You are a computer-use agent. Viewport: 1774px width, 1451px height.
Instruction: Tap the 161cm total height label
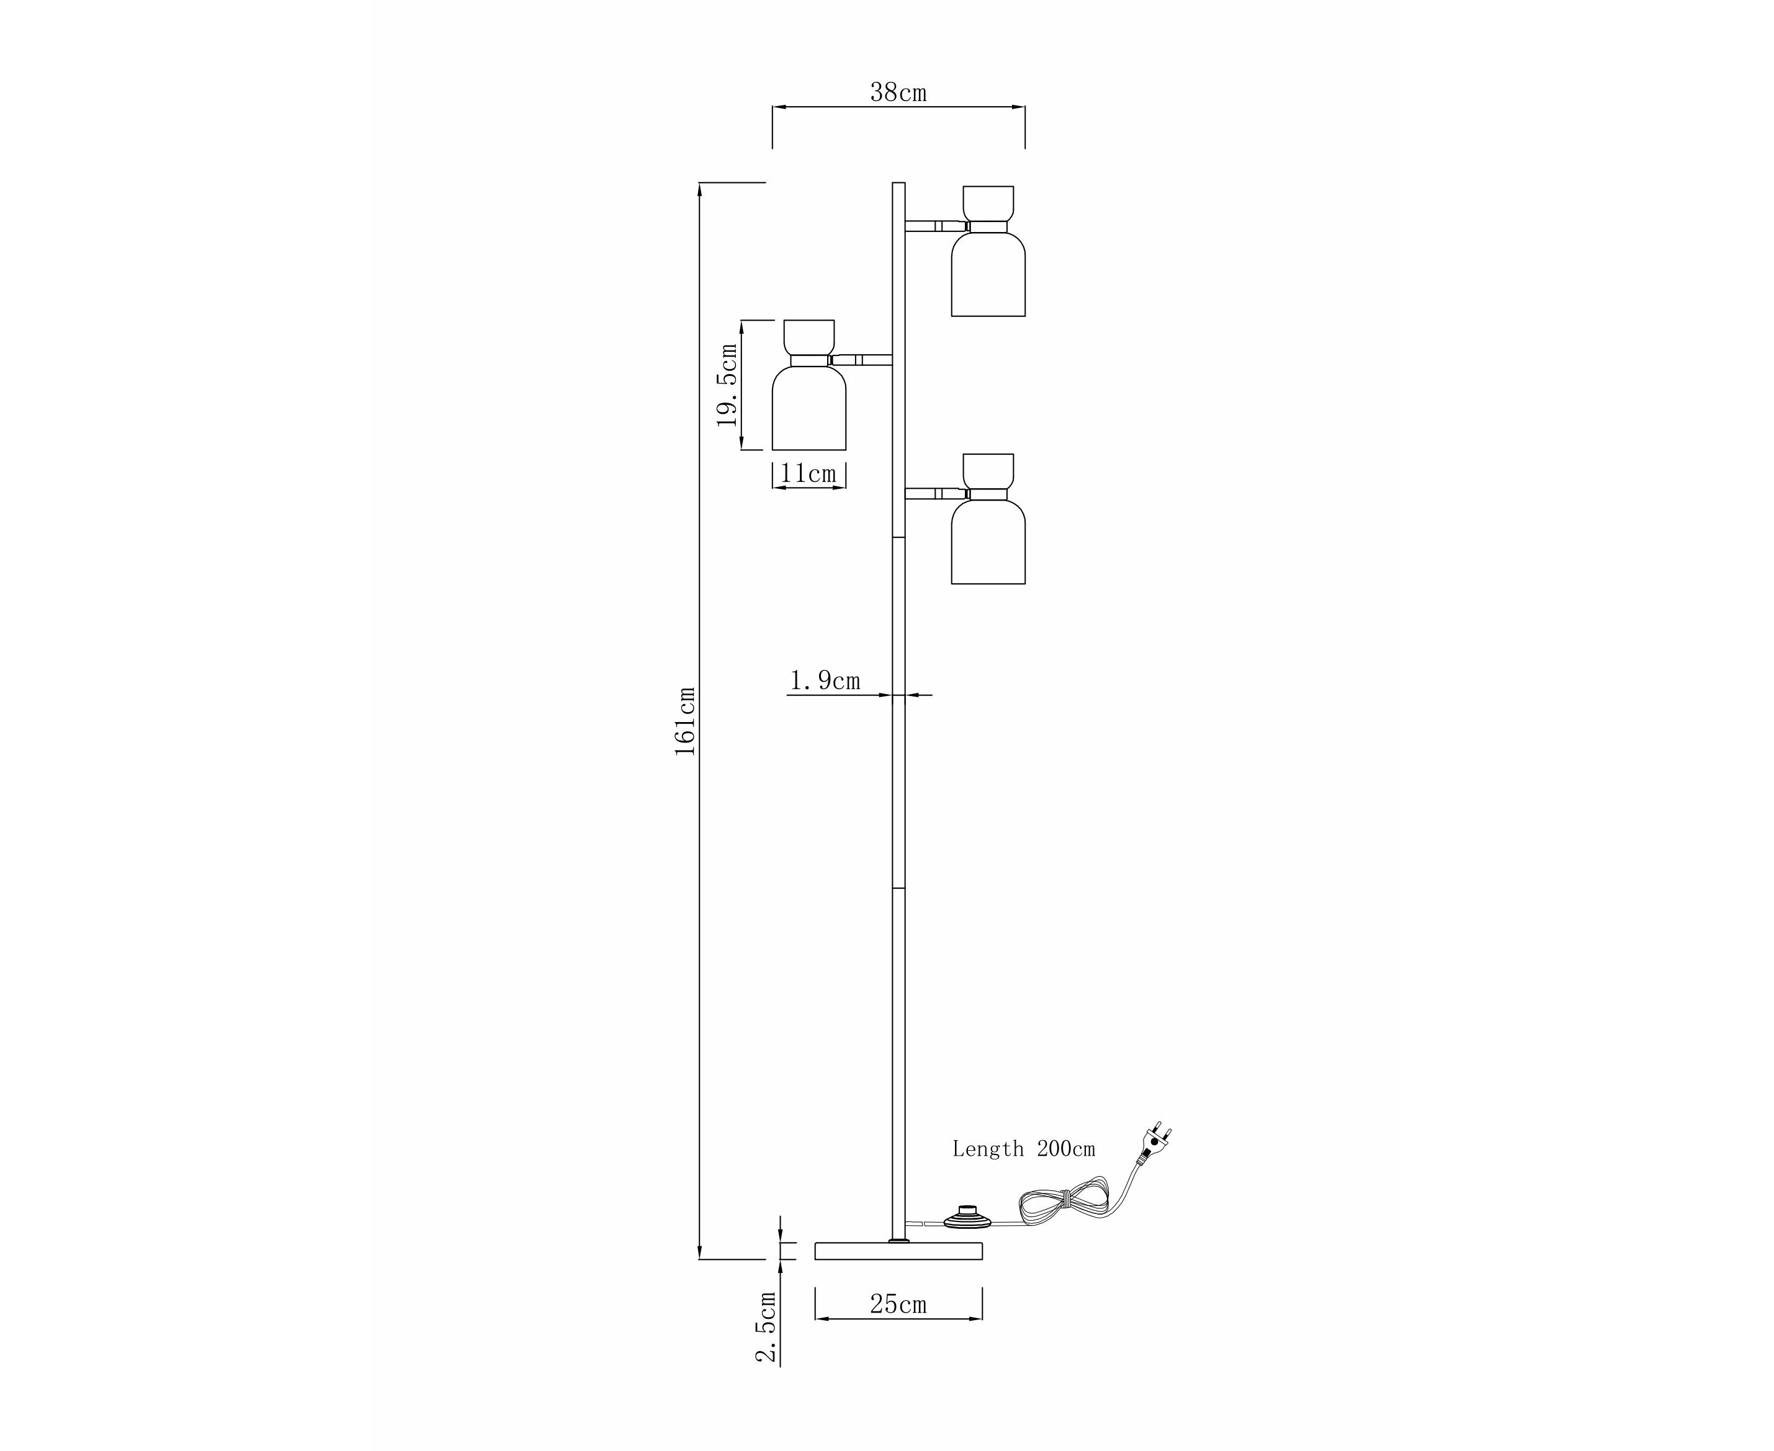pyautogui.click(x=686, y=721)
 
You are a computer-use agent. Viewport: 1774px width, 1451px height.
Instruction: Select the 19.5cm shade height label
pyautogui.click(x=727, y=385)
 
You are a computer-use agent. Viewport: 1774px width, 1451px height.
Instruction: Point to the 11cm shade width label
pyautogui.click(x=808, y=474)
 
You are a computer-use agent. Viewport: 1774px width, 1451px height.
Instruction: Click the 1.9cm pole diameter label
pyautogui.click(x=825, y=681)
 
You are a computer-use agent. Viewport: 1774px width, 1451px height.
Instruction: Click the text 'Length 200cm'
pyautogui.click(x=1023, y=1150)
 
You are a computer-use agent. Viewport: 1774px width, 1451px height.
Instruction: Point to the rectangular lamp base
pyautogui.click(x=898, y=1251)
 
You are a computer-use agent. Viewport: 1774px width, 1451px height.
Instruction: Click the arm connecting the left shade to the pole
pyautogui.click(x=861, y=360)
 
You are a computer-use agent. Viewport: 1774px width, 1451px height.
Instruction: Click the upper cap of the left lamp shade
pyautogui.click(x=809, y=337)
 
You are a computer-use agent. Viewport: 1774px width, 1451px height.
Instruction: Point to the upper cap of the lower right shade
pyautogui.click(x=988, y=471)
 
